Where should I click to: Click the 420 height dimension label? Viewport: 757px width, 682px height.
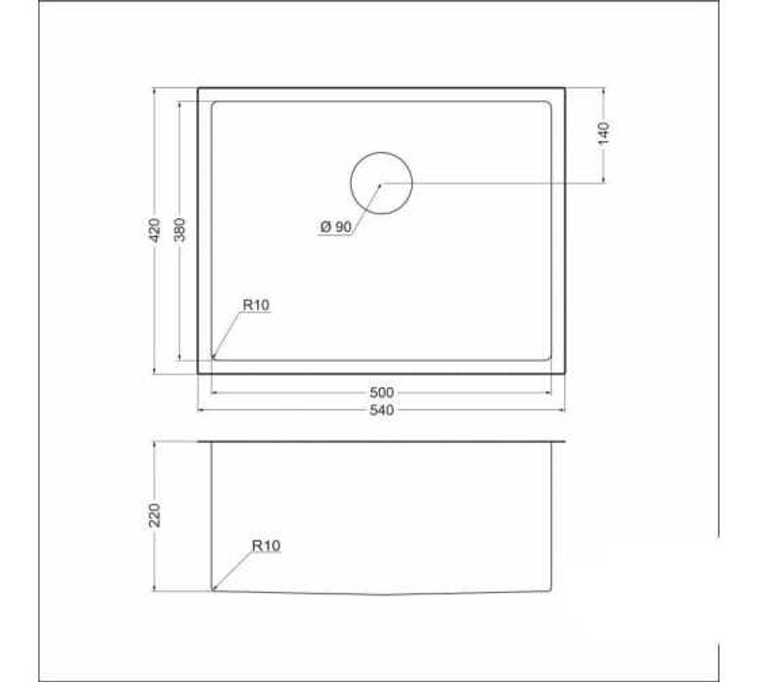[154, 230]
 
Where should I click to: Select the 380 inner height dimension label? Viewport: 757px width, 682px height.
[180, 230]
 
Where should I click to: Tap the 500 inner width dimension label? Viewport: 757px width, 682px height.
[382, 393]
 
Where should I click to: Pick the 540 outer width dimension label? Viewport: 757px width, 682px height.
[382, 410]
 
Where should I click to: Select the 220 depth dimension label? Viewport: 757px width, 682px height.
[154, 515]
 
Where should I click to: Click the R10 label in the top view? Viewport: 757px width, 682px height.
[256, 305]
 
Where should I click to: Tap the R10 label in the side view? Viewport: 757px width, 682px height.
[266, 545]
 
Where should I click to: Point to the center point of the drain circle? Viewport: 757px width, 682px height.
[381, 183]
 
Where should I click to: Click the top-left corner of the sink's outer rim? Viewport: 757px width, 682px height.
[198, 89]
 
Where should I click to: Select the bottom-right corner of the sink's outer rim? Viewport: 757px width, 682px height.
[565, 373]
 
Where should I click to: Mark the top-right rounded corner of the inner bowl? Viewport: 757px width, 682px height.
[548, 105]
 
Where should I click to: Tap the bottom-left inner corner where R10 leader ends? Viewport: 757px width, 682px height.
[213, 357]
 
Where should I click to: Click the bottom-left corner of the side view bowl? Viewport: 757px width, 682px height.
[213, 589]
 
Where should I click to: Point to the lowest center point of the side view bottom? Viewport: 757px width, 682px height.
[382, 594]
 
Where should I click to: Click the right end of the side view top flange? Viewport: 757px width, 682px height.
[564, 442]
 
